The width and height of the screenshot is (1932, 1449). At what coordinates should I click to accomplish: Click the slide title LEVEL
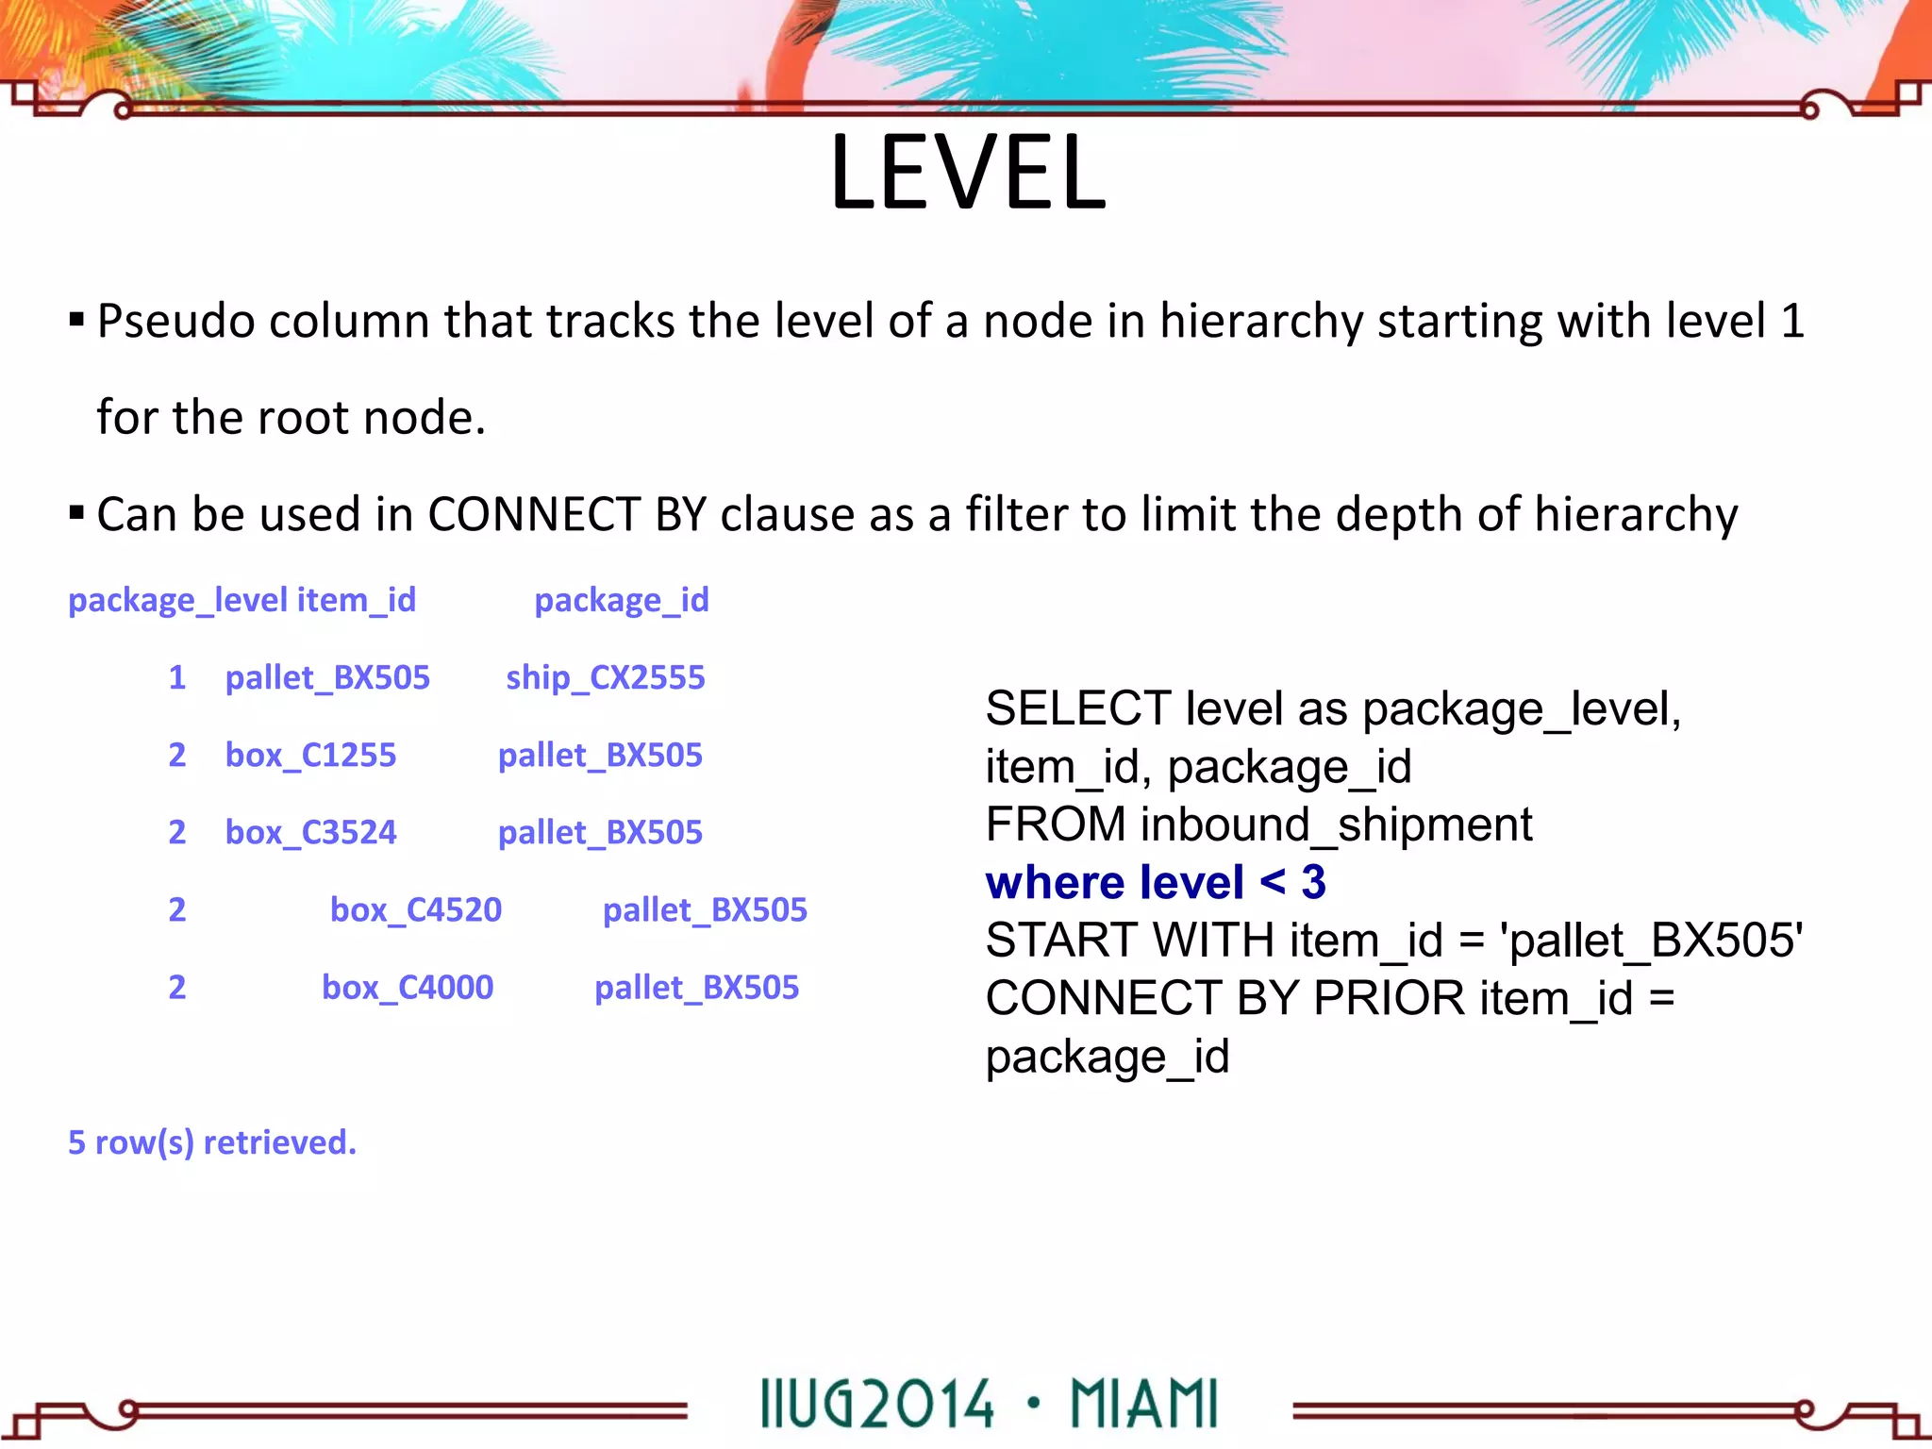click(968, 173)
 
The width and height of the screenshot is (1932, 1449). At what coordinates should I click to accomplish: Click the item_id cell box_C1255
click(310, 756)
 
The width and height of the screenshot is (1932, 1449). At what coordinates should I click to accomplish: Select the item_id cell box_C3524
click(310, 833)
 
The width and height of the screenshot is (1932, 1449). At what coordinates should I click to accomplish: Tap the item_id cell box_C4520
click(415, 910)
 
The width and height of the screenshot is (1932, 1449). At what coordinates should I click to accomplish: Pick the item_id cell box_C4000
click(408, 988)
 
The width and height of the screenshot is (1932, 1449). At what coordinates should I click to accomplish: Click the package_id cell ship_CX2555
click(605, 678)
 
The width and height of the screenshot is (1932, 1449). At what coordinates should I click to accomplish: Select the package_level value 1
click(176, 678)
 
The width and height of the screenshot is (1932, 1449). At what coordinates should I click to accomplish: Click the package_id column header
click(621, 601)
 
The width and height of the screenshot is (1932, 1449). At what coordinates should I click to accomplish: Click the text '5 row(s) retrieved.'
click(212, 1142)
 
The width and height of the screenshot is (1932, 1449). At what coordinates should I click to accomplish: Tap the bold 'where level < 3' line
click(1156, 883)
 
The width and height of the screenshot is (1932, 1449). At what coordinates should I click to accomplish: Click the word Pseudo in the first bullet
click(175, 322)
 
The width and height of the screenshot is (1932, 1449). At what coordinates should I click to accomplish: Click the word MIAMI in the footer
click(1143, 1405)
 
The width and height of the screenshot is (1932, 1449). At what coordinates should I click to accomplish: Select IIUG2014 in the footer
click(877, 1405)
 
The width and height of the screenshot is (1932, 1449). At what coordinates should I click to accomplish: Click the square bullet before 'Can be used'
click(76, 514)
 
